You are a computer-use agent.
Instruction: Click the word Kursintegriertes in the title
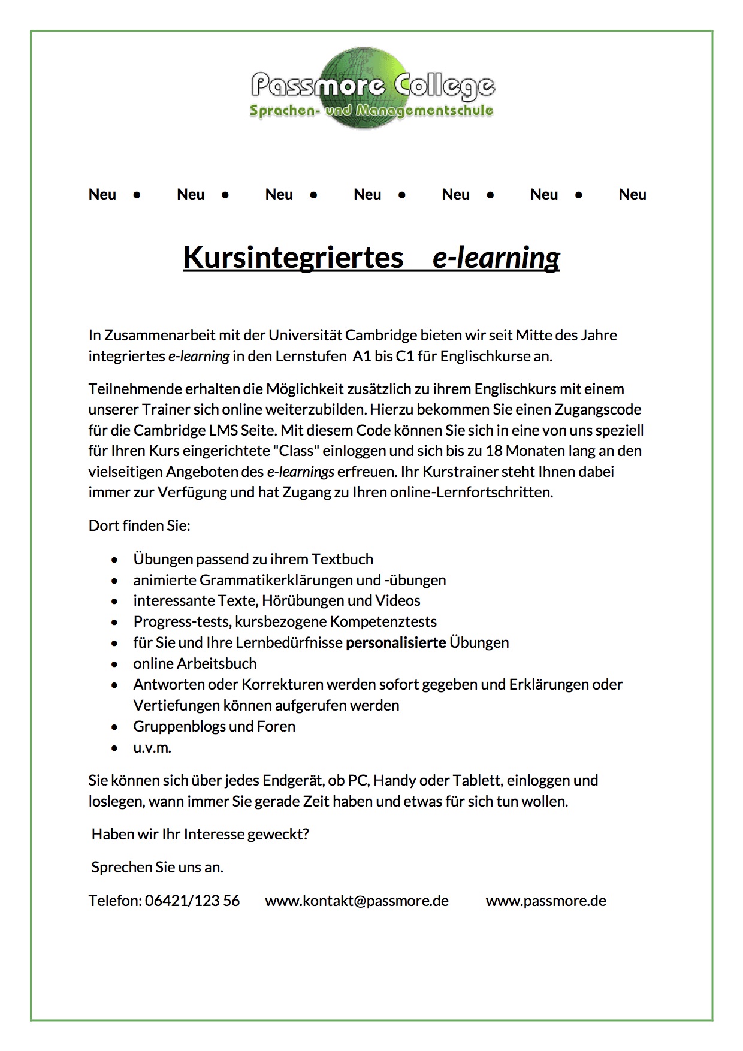(293, 257)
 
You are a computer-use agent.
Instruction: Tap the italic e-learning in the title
(496, 258)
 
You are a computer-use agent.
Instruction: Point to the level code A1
(362, 356)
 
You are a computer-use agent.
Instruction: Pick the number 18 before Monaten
(493, 451)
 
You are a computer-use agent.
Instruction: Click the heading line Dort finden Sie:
(139, 525)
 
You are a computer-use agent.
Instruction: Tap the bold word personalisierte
(396, 642)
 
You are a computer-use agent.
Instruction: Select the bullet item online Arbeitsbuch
(195, 663)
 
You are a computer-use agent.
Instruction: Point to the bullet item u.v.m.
(152, 747)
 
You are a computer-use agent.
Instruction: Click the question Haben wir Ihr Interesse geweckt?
(200, 834)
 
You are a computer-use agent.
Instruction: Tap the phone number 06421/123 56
(192, 901)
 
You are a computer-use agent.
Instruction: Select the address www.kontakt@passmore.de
(357, 901)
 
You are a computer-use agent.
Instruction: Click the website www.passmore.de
(546, 901)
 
